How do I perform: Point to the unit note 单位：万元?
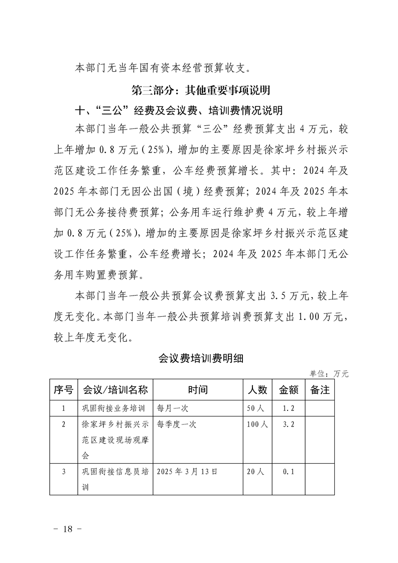tap(329, 373)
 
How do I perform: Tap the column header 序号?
tap(63, 390)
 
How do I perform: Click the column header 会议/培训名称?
tap(115, 390)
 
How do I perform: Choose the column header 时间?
tap(198, 390)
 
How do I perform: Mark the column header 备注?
tap(320, 390)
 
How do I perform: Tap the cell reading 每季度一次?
tap(177, 425)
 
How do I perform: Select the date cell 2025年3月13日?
tap(187, 472)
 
